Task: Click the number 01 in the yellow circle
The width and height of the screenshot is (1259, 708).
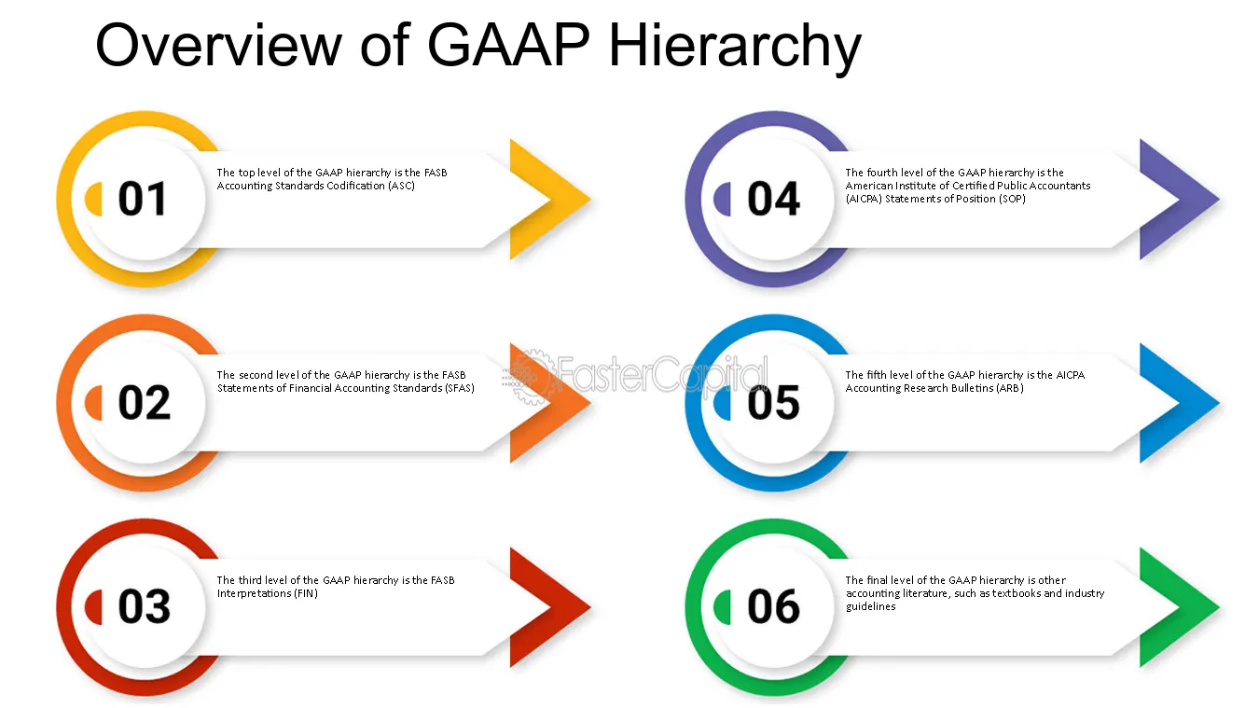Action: (142, 199)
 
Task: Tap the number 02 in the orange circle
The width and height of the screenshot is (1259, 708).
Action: (144, 403)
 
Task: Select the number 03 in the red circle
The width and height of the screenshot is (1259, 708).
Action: (144, 606)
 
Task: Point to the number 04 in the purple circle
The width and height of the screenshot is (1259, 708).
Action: (773, 199)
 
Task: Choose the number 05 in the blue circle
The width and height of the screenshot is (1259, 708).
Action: (773, 403)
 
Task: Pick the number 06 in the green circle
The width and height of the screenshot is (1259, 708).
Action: (773, 606)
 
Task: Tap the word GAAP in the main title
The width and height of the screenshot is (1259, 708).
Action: (508, 44)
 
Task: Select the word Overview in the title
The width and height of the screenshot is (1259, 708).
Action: (218, 44)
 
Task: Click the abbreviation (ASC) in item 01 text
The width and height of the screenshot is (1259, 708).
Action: (401, 187)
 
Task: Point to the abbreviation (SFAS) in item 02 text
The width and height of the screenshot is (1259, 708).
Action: (460, 389)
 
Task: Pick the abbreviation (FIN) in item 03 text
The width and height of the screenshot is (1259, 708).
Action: (306, 594)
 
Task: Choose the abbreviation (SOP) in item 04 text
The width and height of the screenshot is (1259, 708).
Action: (1012, 199)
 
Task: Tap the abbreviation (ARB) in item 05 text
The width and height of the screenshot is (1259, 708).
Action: (1009, 389)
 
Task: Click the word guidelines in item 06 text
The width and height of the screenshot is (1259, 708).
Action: (871, 606)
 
